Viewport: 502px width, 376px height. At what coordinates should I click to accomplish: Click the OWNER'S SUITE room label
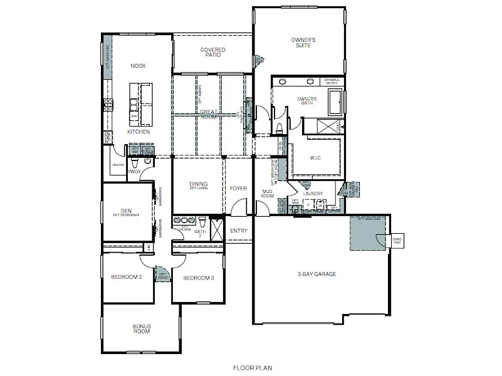coord(303,43)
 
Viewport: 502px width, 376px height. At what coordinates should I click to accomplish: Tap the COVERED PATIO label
coord(213,52)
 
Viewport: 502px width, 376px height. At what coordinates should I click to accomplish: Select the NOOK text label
coord(138,66)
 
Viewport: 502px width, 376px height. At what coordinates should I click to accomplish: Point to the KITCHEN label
coord(138,132)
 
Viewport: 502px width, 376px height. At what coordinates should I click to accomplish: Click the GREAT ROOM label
coord(209,114)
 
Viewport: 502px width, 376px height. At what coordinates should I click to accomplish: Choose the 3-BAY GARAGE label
coord(316,274)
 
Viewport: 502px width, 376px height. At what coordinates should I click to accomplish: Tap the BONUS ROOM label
coord(141,328)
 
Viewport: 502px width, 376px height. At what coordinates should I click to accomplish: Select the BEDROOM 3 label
coord(199,278)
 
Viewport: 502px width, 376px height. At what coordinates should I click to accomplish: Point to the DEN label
coord(126,212)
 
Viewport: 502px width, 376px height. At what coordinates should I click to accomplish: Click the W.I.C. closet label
coord(315,158)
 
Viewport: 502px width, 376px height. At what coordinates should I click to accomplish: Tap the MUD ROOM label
coord(268,194)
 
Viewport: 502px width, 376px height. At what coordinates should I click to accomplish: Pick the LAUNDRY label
coord(313,194)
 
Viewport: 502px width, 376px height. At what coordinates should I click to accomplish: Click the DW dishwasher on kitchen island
coord(133,116)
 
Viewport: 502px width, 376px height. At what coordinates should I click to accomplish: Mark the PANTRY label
coord(118,165)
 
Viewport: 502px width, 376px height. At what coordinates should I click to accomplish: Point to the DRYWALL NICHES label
coord(332,81)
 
